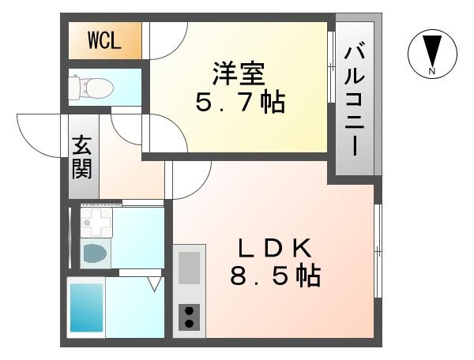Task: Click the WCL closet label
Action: pyautogui.click(x=104, y=40)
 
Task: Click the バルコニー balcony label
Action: pyautogui.click(x=353, y=99)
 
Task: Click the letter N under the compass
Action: pyautogui.click(x=431, y=72)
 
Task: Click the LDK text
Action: pyautogui.click(x=277, y=248)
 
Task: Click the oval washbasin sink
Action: pyautogui.click(x=96, y=253)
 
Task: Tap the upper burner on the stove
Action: pyautogui.click(x=190, y=310)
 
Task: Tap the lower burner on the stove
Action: pyautogui.click(x=190, y=323)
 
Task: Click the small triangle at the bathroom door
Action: pyautogui.click(x=155, y=282)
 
